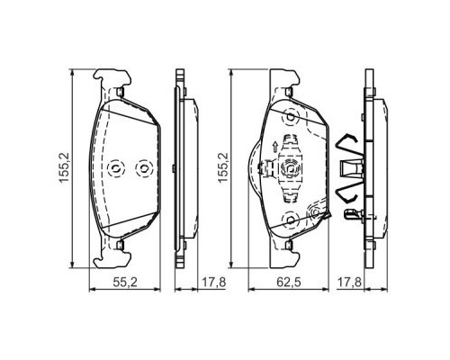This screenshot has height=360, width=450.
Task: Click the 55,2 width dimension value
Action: [123, 282]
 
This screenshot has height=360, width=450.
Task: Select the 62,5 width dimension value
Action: [287, 282]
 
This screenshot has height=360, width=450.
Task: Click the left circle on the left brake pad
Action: [113, 167]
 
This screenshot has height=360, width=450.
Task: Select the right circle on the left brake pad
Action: [139, 167]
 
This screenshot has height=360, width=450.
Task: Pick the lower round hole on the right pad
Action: [290, 219]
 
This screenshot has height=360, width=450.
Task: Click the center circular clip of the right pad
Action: [290, 167]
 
